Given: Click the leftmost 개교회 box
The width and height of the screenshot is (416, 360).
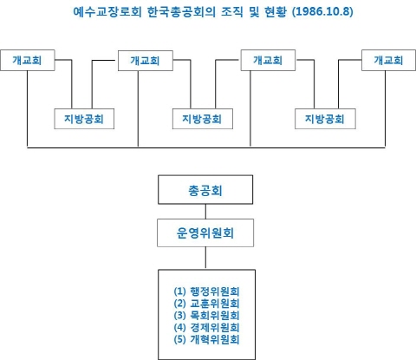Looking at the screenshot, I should pyautogui.click(x=29, y=61).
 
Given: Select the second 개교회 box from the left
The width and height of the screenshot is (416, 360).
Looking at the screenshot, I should pyautogui.click(x=144, y=61).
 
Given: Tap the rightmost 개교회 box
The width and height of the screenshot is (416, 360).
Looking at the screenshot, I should pyautogui.click(x=388, y=61).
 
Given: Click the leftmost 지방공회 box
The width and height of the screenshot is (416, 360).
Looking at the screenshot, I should pyautogui.click(x=83, y=118).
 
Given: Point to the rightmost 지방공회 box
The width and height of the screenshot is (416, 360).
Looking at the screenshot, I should pyautogui.click(x=324, y=118).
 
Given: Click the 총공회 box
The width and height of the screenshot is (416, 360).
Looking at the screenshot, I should pyautogui.click(x=205, y=189).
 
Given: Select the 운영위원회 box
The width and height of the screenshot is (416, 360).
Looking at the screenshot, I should pyautogui.click(x=205, y=233).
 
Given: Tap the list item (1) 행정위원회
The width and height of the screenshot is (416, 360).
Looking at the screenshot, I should pyautogui.click(x=207, y=291).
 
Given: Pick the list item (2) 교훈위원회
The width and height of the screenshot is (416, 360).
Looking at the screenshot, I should pyautogui.click(x=207, y=303).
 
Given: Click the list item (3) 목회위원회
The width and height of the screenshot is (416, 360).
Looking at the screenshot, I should pyautogui.click(x=207, y=315).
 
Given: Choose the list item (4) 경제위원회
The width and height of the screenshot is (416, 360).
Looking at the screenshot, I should pyautogui.click(x=207, y=327).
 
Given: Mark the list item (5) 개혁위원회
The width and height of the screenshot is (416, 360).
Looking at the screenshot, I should pyautogui.click(x=207, y=339).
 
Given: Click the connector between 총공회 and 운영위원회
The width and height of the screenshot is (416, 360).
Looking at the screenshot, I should pyautogui.click(x=205, y=210).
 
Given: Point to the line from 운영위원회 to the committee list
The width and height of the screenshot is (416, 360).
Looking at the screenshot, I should pyautogui.click(x=205, y=258).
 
